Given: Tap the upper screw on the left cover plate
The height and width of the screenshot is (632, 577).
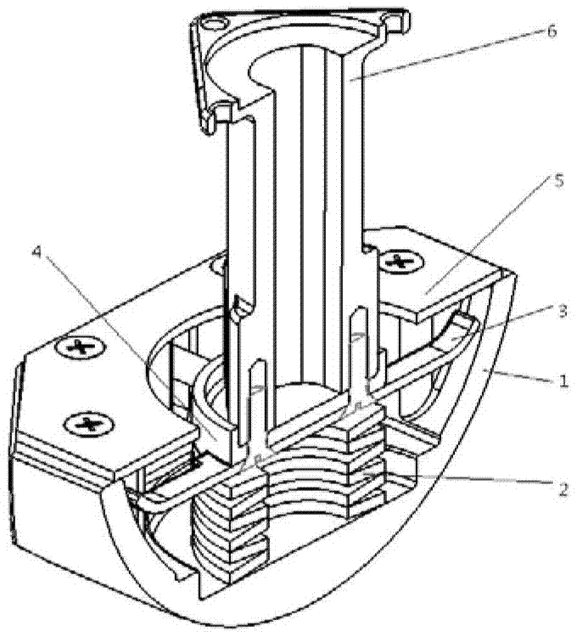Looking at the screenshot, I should (x=81, y=347).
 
